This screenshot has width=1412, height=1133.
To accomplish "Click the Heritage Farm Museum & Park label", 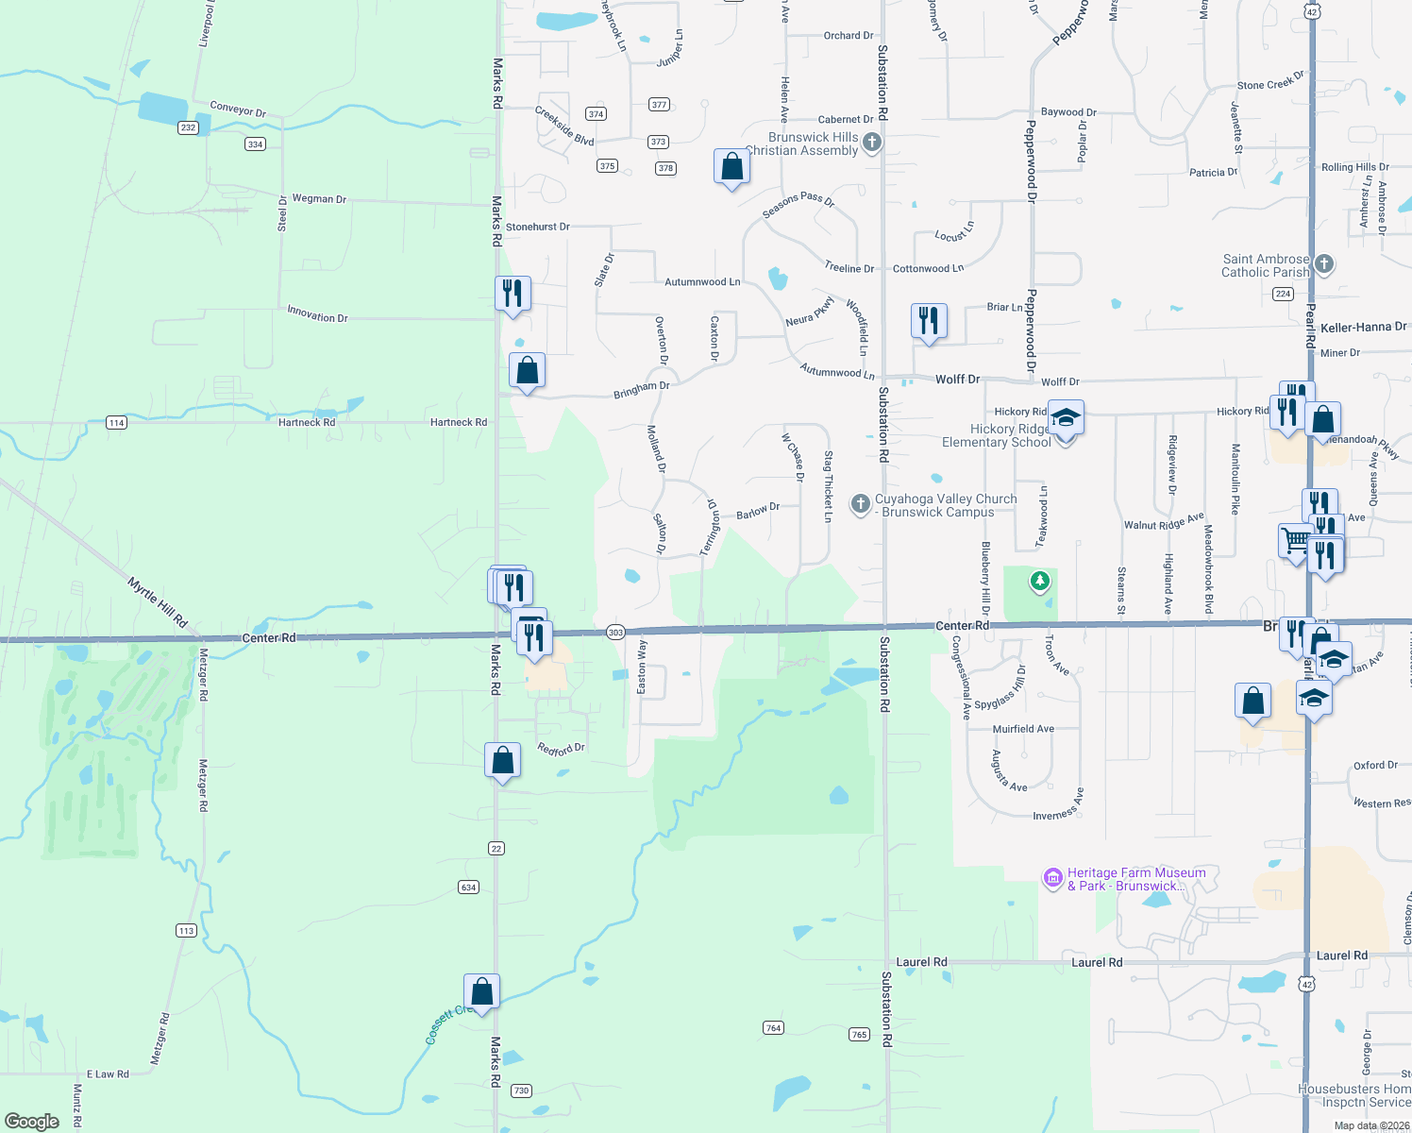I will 1135,879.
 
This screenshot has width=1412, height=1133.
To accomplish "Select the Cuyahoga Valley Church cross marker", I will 860,504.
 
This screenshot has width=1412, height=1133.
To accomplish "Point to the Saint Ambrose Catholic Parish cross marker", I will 1324,264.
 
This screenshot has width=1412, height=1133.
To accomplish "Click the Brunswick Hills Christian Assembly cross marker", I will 872,144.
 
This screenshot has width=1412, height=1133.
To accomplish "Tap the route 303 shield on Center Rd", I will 615,632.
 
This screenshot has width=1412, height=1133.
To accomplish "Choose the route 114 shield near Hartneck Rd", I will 116,422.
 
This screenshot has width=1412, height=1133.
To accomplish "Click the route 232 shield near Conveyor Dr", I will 188,127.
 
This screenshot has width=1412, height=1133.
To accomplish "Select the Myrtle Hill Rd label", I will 158,602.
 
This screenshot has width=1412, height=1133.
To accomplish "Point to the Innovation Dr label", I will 318,315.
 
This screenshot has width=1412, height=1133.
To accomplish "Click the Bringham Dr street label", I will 641,388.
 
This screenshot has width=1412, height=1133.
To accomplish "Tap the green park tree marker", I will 1039,581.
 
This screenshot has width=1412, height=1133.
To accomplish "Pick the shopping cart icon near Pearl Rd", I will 1295,541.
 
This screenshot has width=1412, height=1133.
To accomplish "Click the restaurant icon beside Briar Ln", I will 929,320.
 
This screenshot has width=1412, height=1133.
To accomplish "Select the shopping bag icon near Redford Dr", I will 502,760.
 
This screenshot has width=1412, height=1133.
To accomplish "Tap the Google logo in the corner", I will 32,1121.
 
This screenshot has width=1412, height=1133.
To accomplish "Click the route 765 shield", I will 859,1034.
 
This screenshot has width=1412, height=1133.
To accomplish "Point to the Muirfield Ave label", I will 1023,729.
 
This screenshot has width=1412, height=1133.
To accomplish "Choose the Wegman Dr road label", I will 319,199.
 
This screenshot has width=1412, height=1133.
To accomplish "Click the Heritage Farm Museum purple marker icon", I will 1052,879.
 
